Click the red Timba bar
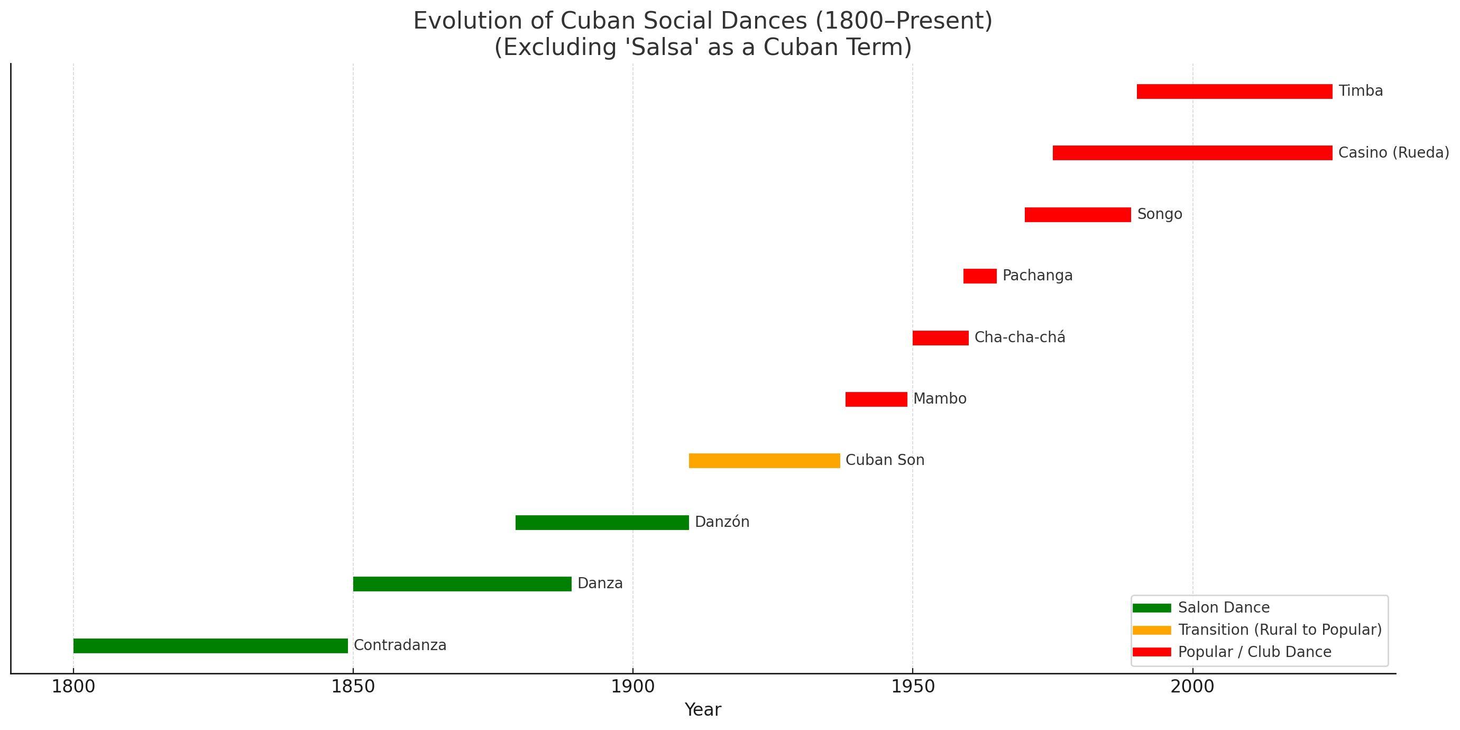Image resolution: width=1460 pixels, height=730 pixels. click(x=1234, y=91)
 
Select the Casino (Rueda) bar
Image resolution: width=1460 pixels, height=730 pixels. click(x=1192, y=153)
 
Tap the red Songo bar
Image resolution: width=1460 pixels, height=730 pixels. click(x=1078, y=215)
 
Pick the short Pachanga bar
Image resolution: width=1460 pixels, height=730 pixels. click(x=979, y=276)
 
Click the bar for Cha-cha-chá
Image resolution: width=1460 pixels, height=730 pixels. click(x=940, y=338)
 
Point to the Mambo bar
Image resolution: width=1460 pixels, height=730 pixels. click(x=876, y=399)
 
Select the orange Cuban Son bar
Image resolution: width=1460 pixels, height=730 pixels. click(x=764, y=461)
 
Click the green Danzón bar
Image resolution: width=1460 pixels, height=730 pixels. click(x=602, y=523)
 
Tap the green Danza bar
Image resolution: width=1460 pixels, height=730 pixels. click(x=462, y=584)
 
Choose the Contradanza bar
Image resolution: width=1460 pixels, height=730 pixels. click(x=210, y=645)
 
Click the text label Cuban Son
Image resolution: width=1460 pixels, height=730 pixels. click(x=885, y=460)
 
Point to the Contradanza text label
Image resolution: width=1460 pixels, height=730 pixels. click(x=400, y=645)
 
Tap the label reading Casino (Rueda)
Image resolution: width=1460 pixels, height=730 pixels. click(x=1393, y=153)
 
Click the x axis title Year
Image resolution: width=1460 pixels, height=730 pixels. click(x=702, y=710)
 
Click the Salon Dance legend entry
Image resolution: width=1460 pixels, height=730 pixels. click(x=1223, y=608)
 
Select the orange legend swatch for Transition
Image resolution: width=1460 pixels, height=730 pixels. click(x=1152, y=630)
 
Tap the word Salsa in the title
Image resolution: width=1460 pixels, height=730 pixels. click(x=663, y=48)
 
